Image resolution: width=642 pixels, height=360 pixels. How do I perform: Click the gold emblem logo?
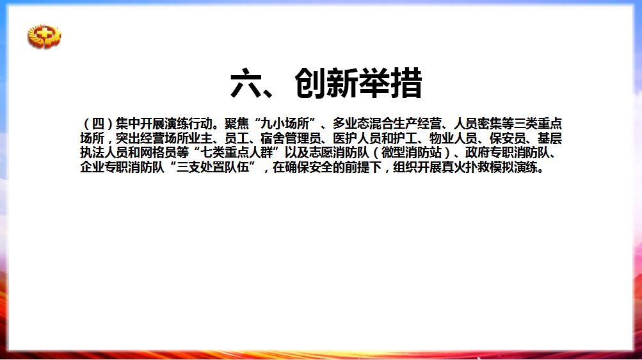[x=44, y=36]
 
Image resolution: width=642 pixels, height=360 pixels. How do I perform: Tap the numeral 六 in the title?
[x=246, y=83]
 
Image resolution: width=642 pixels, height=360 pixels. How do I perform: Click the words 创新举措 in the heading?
[x=358, y=83]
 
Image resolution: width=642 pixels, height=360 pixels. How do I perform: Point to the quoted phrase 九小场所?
[x=285, y=123]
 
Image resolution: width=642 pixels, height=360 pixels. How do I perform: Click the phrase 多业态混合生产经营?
[x=387, y=123]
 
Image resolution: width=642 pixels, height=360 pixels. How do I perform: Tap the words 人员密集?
[x=477, y=123]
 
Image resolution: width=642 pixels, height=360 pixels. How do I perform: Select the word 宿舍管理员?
[x=291, y=138]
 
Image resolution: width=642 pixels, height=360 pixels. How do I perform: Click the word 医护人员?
[x=357, y=138]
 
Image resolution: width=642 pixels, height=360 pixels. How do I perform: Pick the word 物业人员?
[x=453, y=138]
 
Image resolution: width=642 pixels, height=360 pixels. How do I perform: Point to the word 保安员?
[x=508, y=138]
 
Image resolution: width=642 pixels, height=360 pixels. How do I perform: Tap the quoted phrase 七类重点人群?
[x=237, y=152]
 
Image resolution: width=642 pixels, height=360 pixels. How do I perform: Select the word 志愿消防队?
[x=339, y=152]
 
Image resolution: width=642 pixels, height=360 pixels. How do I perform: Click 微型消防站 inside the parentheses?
[x=412, y=152]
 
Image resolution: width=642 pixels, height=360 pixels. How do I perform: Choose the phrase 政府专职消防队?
[x=508, y=152]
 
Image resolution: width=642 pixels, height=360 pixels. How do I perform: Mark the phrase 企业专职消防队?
[x=122, y=167]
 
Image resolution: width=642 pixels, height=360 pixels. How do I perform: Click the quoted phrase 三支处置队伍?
[x=213, y=167]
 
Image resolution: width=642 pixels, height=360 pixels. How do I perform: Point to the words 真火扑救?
[x=465, y=167]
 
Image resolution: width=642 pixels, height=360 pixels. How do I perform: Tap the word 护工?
[x=405, y=138]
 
